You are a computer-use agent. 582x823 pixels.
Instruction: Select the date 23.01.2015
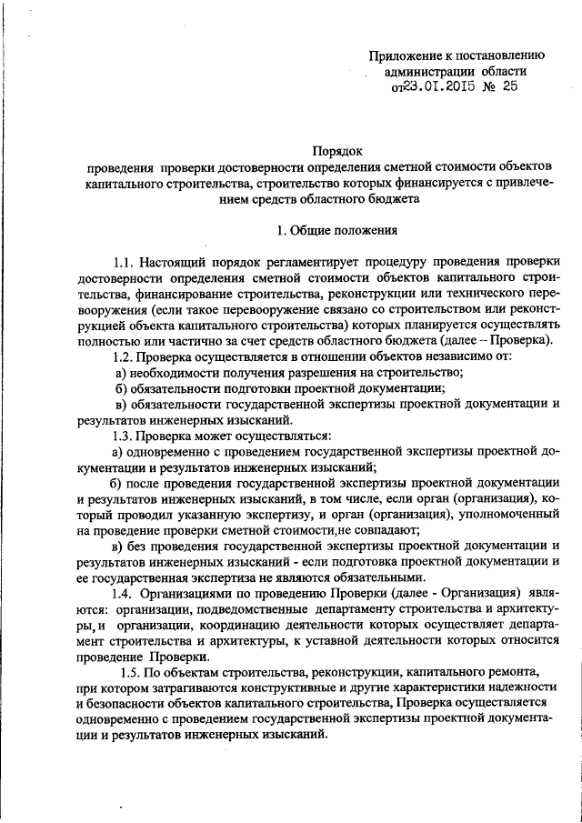tap(442, 87)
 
